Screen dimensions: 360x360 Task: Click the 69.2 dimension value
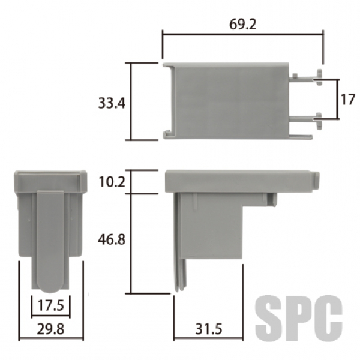pos(242,25)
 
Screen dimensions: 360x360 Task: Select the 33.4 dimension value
pos(112,103)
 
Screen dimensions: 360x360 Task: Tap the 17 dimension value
pos(348,100)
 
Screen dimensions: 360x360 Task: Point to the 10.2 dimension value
pos(112,182)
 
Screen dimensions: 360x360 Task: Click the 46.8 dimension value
pos(112,239)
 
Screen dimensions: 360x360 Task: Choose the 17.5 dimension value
pos(50,305)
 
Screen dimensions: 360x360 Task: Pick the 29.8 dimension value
pos(50,329)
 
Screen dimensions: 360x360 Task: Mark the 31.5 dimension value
pos(209,329)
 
